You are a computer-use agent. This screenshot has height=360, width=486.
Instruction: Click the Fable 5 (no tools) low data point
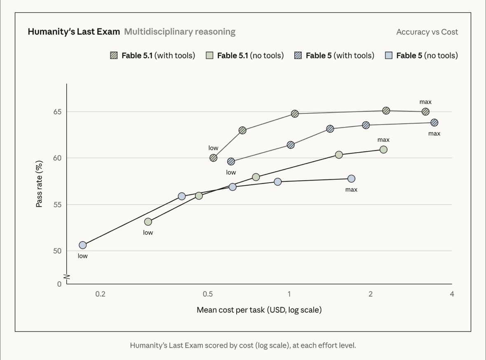pos(83,245)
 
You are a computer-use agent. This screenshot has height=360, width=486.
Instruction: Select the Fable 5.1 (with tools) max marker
pos(425,112)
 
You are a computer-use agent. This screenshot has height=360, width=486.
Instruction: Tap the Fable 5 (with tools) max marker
pos(434,123)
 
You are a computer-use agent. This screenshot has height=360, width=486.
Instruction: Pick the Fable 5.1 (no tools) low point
pos(148,222)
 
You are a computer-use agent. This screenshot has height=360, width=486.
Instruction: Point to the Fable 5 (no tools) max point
pos(351,179)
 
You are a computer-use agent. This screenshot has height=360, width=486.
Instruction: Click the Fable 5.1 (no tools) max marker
pos(383,150)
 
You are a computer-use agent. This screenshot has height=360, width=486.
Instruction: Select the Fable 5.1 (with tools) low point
pos(213,158)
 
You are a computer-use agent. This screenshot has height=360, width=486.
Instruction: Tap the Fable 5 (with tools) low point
pos(231,162)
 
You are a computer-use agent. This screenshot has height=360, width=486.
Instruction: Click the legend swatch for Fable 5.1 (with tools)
pos(114,56)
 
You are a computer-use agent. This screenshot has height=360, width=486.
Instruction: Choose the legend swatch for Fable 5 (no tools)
pos(389,56)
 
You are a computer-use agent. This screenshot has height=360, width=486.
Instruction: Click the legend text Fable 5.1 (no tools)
pos(251,56)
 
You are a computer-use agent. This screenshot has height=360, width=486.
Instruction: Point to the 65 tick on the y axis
pos(57,112)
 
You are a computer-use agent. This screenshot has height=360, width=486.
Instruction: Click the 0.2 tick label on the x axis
pos(101,294)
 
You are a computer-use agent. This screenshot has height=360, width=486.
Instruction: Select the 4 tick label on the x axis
pos(452,294)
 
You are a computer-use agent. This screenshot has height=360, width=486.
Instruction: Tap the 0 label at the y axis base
pos(59,284)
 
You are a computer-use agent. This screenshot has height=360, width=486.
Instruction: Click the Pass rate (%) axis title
pos(39,184)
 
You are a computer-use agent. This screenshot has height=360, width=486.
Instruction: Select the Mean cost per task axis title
pos(259,310)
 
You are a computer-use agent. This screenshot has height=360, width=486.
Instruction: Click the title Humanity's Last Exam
pos(74,32)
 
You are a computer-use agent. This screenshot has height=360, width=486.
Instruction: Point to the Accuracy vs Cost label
pos(427,32)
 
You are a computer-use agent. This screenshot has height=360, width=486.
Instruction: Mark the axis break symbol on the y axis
pos(67,277)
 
